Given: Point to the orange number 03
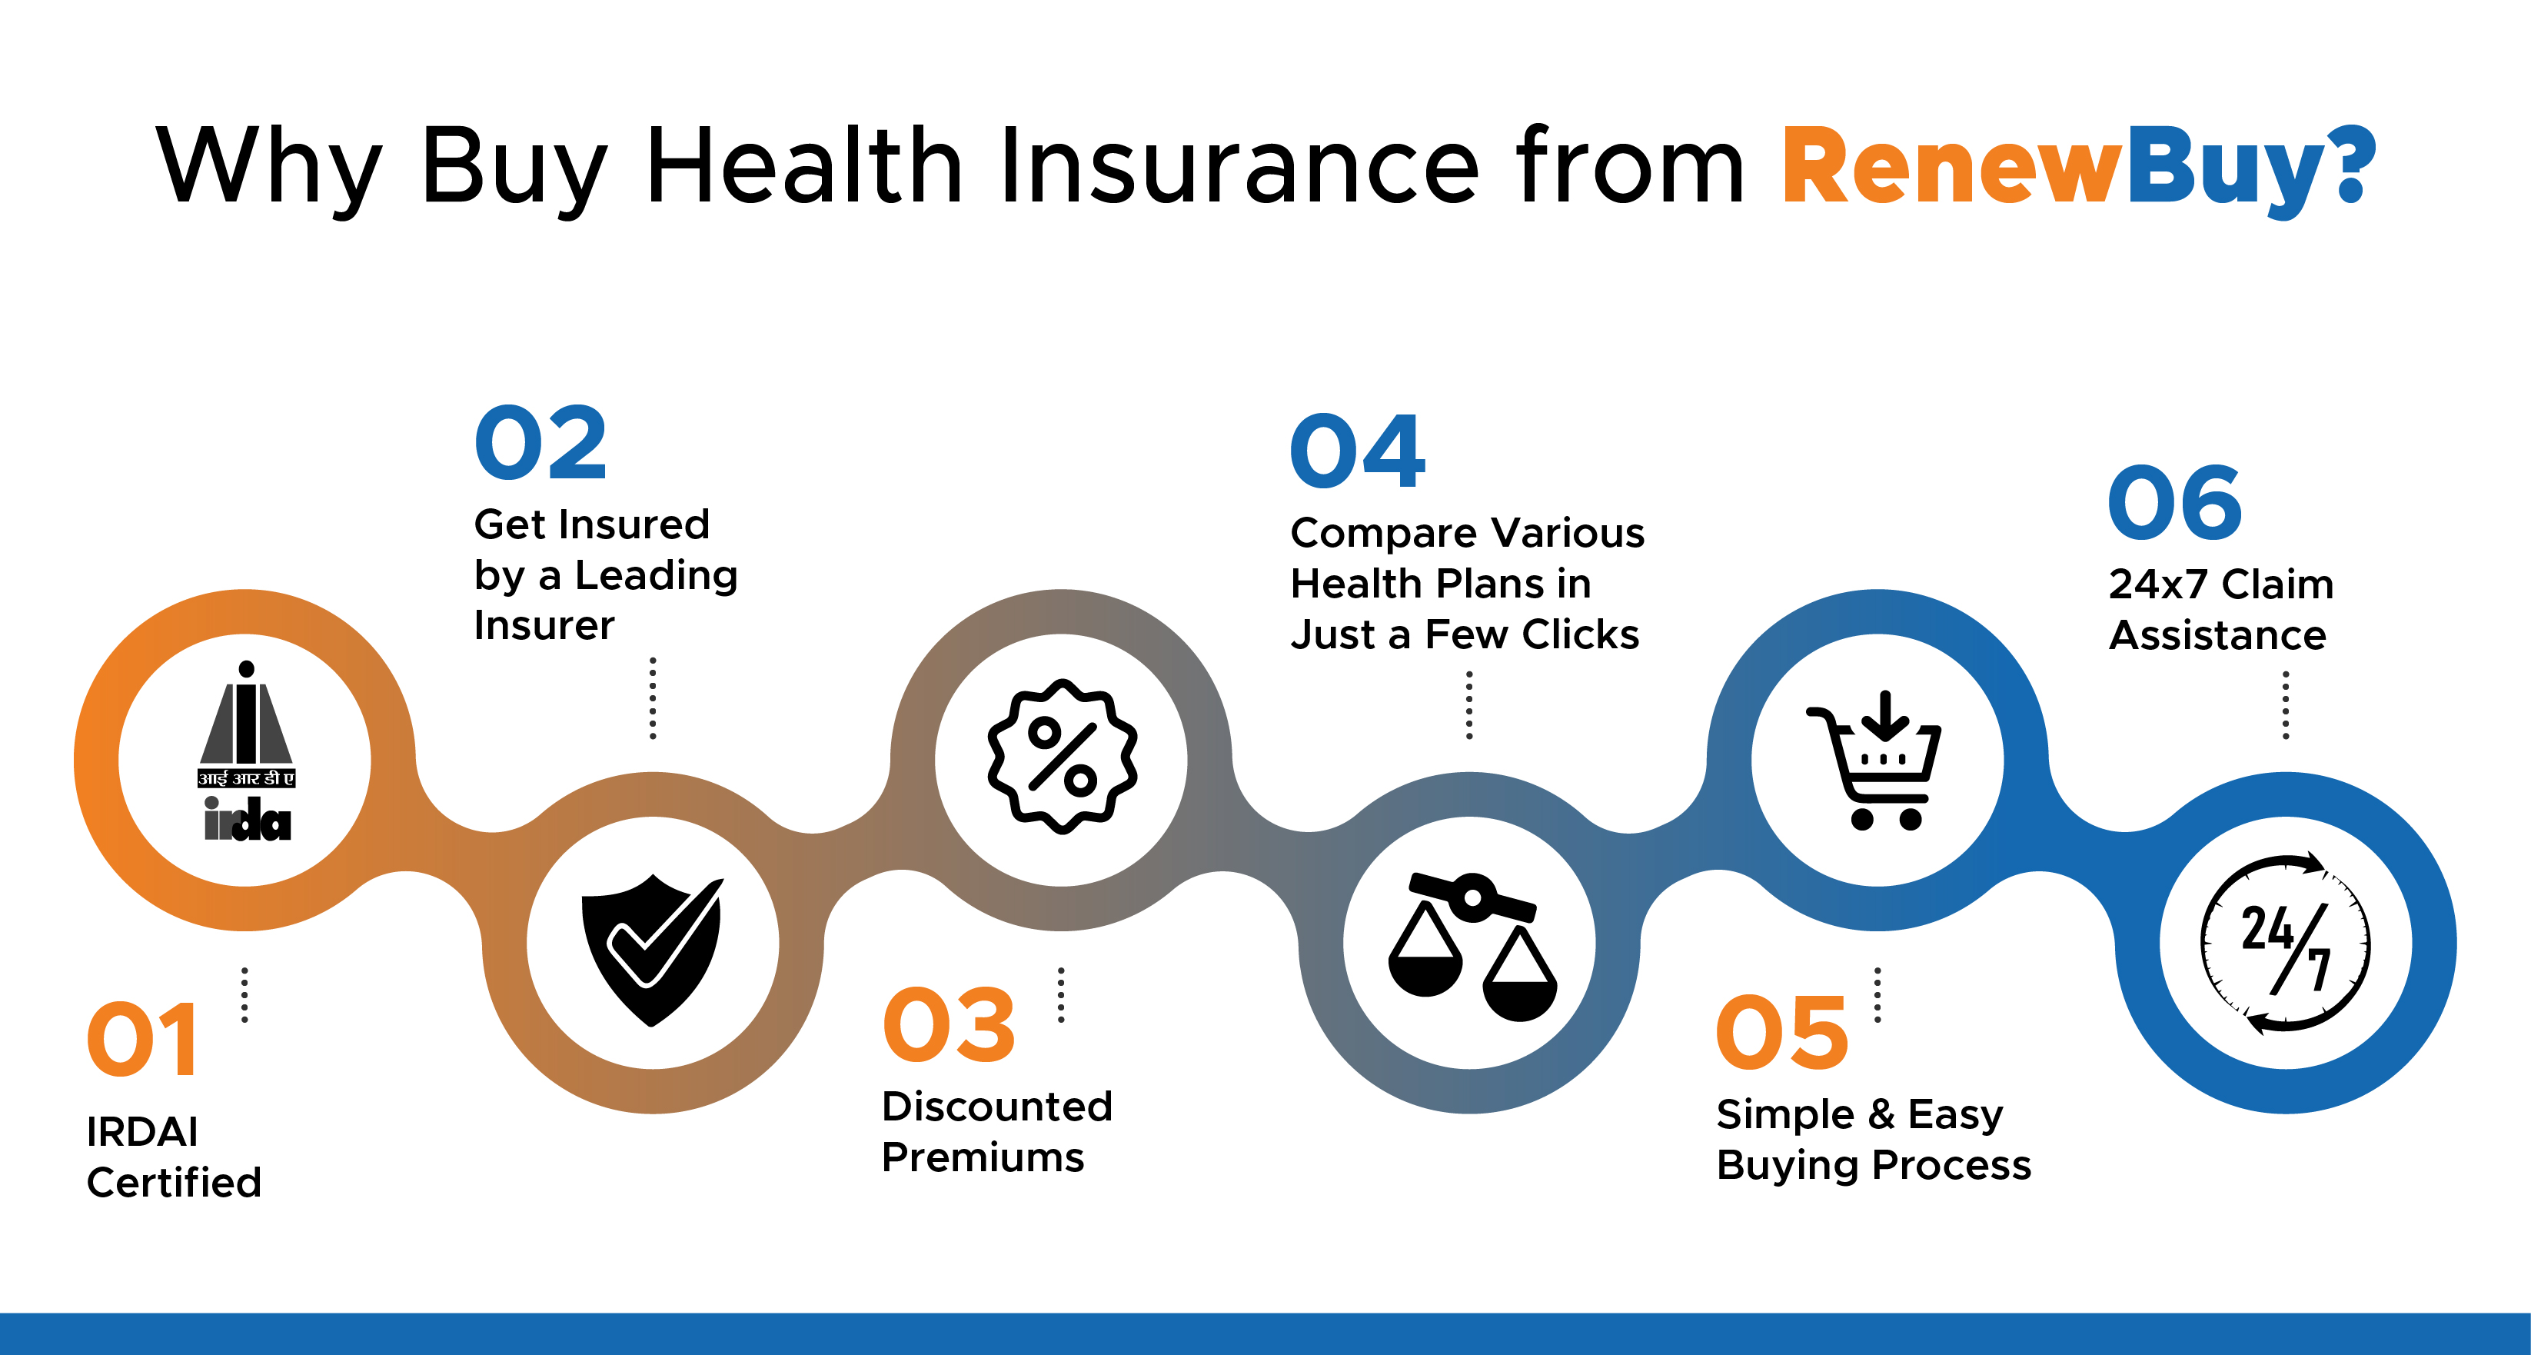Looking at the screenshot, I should click(x=949, y=1026).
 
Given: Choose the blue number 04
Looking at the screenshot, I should click(x=1358, y=452).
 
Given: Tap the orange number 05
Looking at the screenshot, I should click(x=1782, y=1033).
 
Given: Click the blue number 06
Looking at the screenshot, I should click(x=2175, y=503).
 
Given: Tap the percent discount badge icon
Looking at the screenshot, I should click(x=1062, y=757).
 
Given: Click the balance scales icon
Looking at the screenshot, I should click(x=1471, y=946).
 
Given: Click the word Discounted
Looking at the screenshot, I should click(x=997, y=1107).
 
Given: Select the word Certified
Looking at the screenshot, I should click(x=174, y=1183).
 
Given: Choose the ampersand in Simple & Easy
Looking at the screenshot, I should click(x=1881, y=1115).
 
